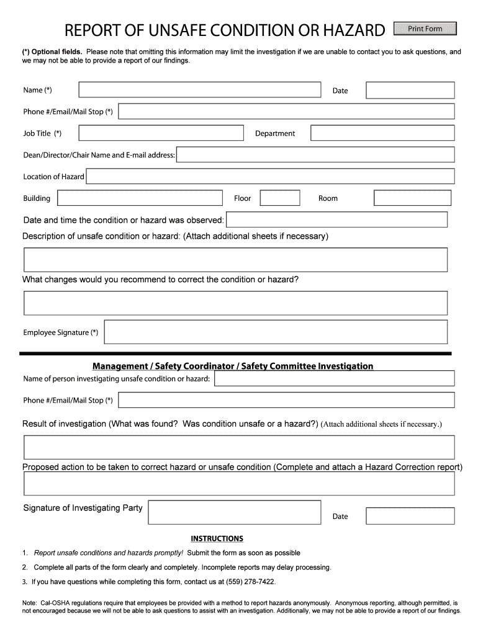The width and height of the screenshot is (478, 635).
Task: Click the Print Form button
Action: click(x=425, y=29)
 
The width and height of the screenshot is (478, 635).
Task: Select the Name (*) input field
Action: click(x=199, y=90)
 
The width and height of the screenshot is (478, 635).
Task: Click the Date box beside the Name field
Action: click(x=410, y=91)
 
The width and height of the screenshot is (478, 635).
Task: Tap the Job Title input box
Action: click(x=161, y=133)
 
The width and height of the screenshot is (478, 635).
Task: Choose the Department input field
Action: click(x=382, y=133)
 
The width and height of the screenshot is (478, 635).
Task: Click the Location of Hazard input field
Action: click(x=270, y=176)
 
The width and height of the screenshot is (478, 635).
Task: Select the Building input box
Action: click(x=140, y=198)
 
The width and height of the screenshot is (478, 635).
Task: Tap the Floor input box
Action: click(x=279, y=198)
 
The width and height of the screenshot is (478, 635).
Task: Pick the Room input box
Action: click(x=412, y=198)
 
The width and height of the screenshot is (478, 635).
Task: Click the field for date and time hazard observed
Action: click(x=336, y=220)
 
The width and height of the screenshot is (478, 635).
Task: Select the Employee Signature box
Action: click(x=276, y=332)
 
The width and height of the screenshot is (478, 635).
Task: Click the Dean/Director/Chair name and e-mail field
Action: click(x=315, y=154)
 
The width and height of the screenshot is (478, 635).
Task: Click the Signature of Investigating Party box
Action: click(x=234, y=512)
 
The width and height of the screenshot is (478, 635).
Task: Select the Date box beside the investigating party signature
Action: click(x=410, y=516)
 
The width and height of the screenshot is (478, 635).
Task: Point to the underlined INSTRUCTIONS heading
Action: click(x=217, y=538)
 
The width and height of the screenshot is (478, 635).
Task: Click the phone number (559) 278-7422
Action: click(x=250, y=582)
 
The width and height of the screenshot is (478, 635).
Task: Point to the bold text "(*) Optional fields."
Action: click(x=52, y=52)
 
